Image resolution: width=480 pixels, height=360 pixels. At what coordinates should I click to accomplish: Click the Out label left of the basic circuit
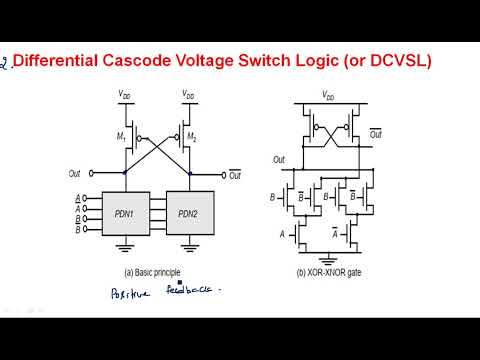point(77,175)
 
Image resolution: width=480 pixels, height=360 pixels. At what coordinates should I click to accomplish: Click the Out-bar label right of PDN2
point(235,175)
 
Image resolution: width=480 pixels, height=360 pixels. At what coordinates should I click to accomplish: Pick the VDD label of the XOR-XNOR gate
point(329,96)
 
